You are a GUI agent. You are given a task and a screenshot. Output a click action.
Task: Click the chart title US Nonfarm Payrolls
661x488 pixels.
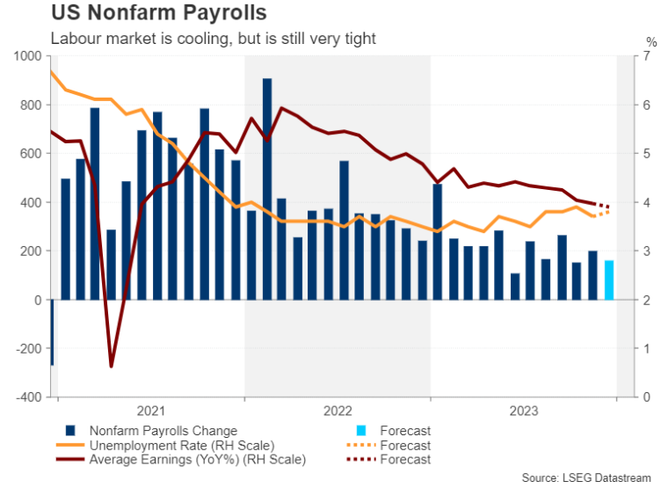tap(159, 15)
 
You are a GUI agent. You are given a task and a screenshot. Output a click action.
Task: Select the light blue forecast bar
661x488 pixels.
tap(609, 280)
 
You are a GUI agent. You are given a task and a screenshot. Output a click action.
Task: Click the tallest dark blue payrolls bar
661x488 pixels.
tap(267, 189)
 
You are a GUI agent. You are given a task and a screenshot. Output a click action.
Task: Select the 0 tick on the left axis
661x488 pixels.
tap(38, 300)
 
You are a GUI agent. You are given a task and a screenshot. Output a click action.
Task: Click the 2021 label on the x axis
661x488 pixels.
tap(152, 411)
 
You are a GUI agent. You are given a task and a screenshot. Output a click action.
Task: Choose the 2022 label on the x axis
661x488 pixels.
tap(338, 411)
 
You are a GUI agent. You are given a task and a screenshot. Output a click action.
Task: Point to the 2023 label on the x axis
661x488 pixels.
tap(523, 411)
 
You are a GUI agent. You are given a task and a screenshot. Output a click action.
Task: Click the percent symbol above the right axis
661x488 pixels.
tap(650, 41)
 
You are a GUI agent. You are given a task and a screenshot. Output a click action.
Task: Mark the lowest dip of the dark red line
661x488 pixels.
tap(112, 366)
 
